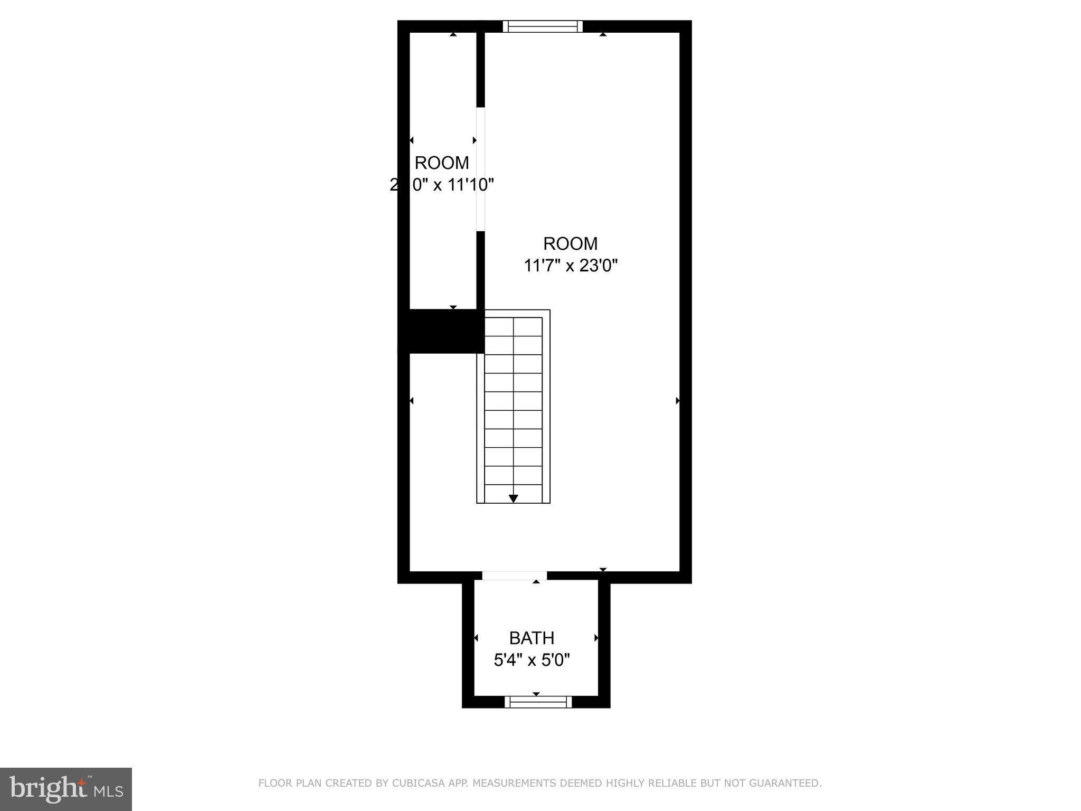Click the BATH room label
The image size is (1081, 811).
532,638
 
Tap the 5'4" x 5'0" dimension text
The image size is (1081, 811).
532,660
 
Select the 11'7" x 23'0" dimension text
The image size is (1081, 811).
570,265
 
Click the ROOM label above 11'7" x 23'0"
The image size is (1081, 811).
570,243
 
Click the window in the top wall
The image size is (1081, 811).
543,26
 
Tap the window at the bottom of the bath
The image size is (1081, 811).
538,702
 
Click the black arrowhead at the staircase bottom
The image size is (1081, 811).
513,498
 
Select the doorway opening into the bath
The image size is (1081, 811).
515,576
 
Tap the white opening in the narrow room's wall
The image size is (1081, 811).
480,169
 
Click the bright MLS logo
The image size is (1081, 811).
66,789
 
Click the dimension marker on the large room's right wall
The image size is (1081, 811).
678,401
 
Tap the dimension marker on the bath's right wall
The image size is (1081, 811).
596,638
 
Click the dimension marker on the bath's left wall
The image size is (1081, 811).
476,638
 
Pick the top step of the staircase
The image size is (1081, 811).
513,326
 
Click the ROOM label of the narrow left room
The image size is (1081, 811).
442,163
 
